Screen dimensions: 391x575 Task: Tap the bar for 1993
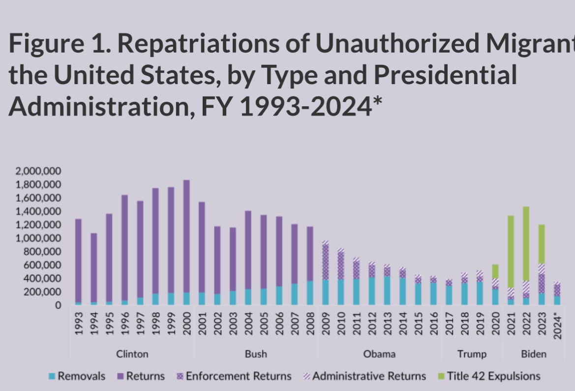(78, 261)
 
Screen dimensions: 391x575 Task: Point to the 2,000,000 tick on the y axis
(38, 171)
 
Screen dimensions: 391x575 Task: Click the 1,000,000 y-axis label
(38, 239)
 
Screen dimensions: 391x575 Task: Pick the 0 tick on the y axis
(58, 305)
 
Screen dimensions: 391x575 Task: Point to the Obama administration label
(379, 354)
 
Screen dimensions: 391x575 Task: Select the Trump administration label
(471, 354)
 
